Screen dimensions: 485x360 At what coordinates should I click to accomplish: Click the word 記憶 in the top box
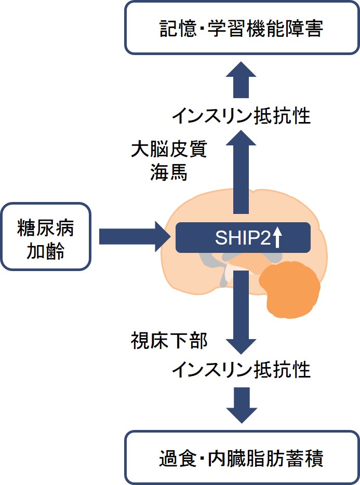(176, 30)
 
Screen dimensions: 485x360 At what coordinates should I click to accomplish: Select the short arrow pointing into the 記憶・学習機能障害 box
(241, 79)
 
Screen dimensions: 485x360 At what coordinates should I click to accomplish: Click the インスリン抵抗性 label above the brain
(241, 116)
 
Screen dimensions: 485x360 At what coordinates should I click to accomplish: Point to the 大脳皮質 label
(168, 150)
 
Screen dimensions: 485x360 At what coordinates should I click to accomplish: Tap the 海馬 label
(168, 173)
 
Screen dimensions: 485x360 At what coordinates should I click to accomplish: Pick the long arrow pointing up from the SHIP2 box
(241, 171)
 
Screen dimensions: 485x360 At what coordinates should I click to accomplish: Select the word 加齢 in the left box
(46, 251)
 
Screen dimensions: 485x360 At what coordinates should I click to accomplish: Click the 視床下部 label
(168, 341)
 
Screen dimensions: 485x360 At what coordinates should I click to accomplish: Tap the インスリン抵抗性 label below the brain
(241, 370)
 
